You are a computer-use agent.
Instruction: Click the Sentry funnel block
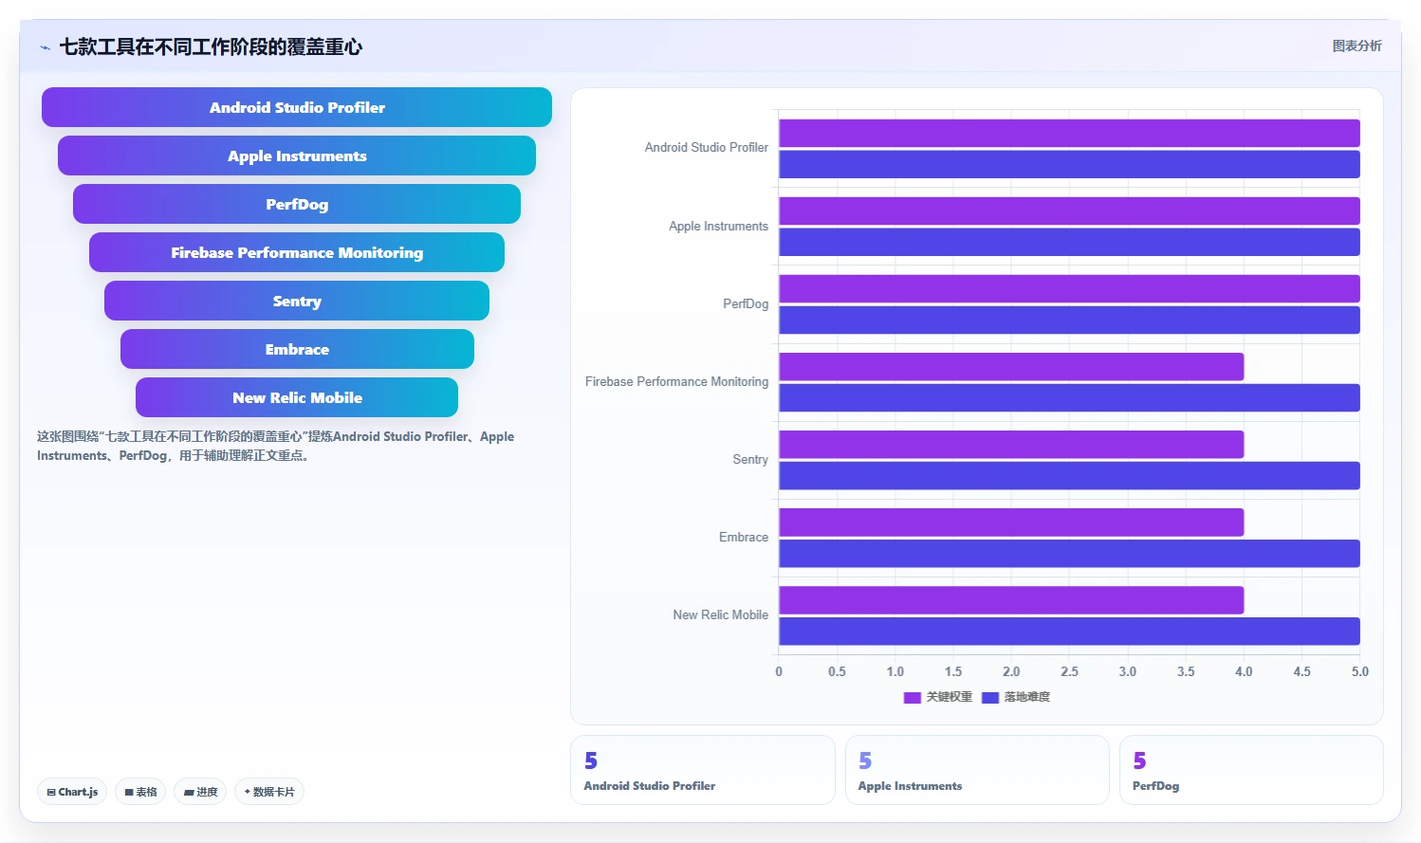pos(297,301)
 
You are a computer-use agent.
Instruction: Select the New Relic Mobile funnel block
pos(297,397)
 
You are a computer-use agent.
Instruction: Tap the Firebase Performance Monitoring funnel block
pos(297,252)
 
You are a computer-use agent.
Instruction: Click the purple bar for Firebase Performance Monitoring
pos(1011,367)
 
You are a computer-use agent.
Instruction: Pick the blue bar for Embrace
pos(1070,553)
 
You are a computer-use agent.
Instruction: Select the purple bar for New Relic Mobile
pos(1011,600)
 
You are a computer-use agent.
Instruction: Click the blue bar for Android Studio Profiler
pos(1070,164)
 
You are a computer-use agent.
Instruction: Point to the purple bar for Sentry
pos(1011,444)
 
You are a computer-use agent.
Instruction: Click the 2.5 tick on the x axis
pos(1070,671)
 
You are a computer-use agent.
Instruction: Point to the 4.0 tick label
pos(1244,671)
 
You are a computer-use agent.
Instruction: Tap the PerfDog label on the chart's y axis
pos(746,303)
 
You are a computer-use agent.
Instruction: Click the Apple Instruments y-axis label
pos(718,226)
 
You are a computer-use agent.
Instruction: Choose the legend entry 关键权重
pos(938,697)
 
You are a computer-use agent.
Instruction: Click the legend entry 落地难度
pos(1016,697)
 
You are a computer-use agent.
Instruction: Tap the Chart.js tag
pos(72,792)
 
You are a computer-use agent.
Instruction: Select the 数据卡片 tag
pos(269,792)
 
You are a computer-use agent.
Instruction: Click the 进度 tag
pos(200,792)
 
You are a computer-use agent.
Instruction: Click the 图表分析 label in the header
pos(1356,46)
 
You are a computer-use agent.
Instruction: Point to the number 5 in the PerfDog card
pos(1140,760)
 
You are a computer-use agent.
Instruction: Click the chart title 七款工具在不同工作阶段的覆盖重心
pos(211,47)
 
